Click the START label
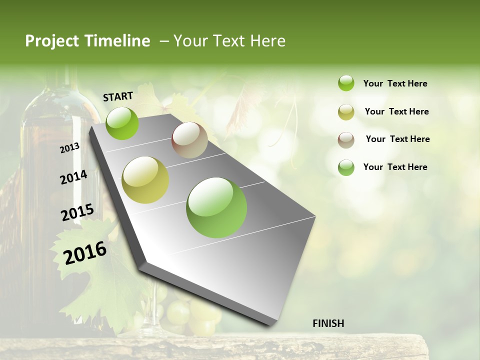(x=118, y=96)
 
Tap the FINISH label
(x=328, y=323)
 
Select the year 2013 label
(x=69, y=147)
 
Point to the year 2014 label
(x=73, y=177)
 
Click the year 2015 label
(x=77, y=212)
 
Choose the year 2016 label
(x=85, y=253)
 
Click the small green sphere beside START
(x=122, y=123)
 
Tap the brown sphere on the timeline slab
(x=189, y=140)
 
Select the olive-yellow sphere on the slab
(x=145, y=180)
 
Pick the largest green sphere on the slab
(x=216, y=207)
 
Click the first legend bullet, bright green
(x=346, y=83)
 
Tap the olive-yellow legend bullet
(x=346, y=112)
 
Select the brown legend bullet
(x=346, y=140)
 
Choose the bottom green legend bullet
(x=346, y=167)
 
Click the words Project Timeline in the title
(x=87, y=41)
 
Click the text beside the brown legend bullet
(x=397, y=139)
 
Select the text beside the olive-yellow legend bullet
(x=396, y=111)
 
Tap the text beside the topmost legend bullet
(x=395, y=83)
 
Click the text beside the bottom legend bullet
(x=395, y=167)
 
